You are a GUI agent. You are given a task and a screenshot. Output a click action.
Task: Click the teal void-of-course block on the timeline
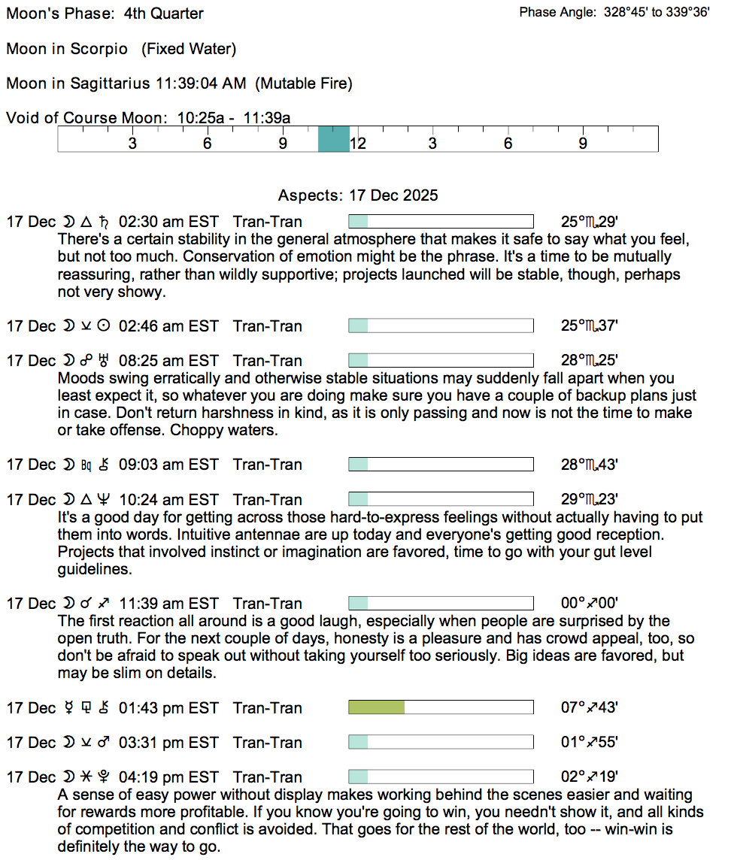click(x=333, y=139)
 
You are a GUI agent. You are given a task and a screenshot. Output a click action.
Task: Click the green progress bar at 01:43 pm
click(x=376, y=707)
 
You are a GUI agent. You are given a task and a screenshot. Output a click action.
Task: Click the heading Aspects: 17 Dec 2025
click(x=358, y=195)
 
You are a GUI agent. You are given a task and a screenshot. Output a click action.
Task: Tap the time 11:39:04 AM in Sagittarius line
click(x=200, y=83)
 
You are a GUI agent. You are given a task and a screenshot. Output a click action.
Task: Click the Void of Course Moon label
click(x=88, y=118)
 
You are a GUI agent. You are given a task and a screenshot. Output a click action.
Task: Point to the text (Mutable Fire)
click(x=304, y=83)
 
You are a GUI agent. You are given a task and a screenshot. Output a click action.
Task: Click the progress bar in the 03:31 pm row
click(x=441, y=743)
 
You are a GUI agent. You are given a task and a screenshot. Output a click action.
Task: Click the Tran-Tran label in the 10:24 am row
click(x=268, y=500)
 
